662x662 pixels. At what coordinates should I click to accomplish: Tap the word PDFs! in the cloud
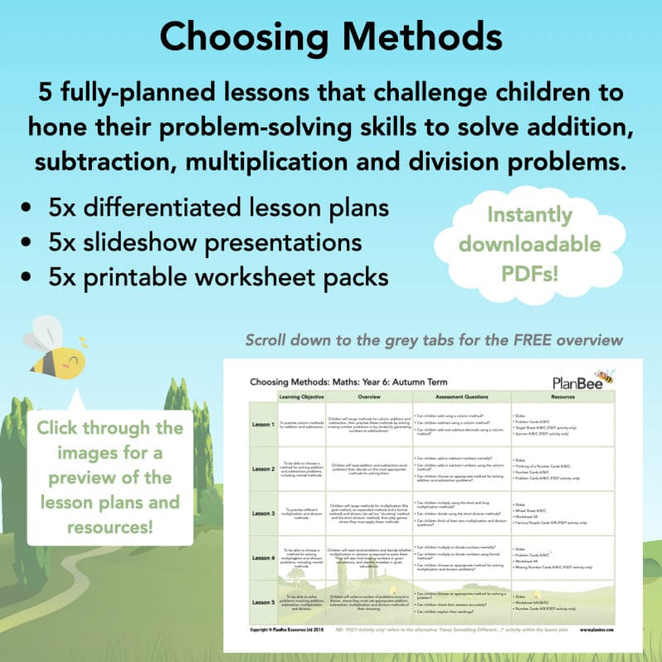pyautogui.click(x=541, y=273)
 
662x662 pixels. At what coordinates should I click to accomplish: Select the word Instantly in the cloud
pyautogui.click(x=541, y=215)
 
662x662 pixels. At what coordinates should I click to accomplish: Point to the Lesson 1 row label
pyautogui.click(x=263, y=424)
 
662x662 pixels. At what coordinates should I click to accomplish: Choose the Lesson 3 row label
pyautogui.click(x=263, y=514)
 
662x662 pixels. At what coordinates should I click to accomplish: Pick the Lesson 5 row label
pyautogui.click(x=263, y=602)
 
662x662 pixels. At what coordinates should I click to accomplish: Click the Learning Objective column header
pyautogui.click(x=301, y=397)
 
